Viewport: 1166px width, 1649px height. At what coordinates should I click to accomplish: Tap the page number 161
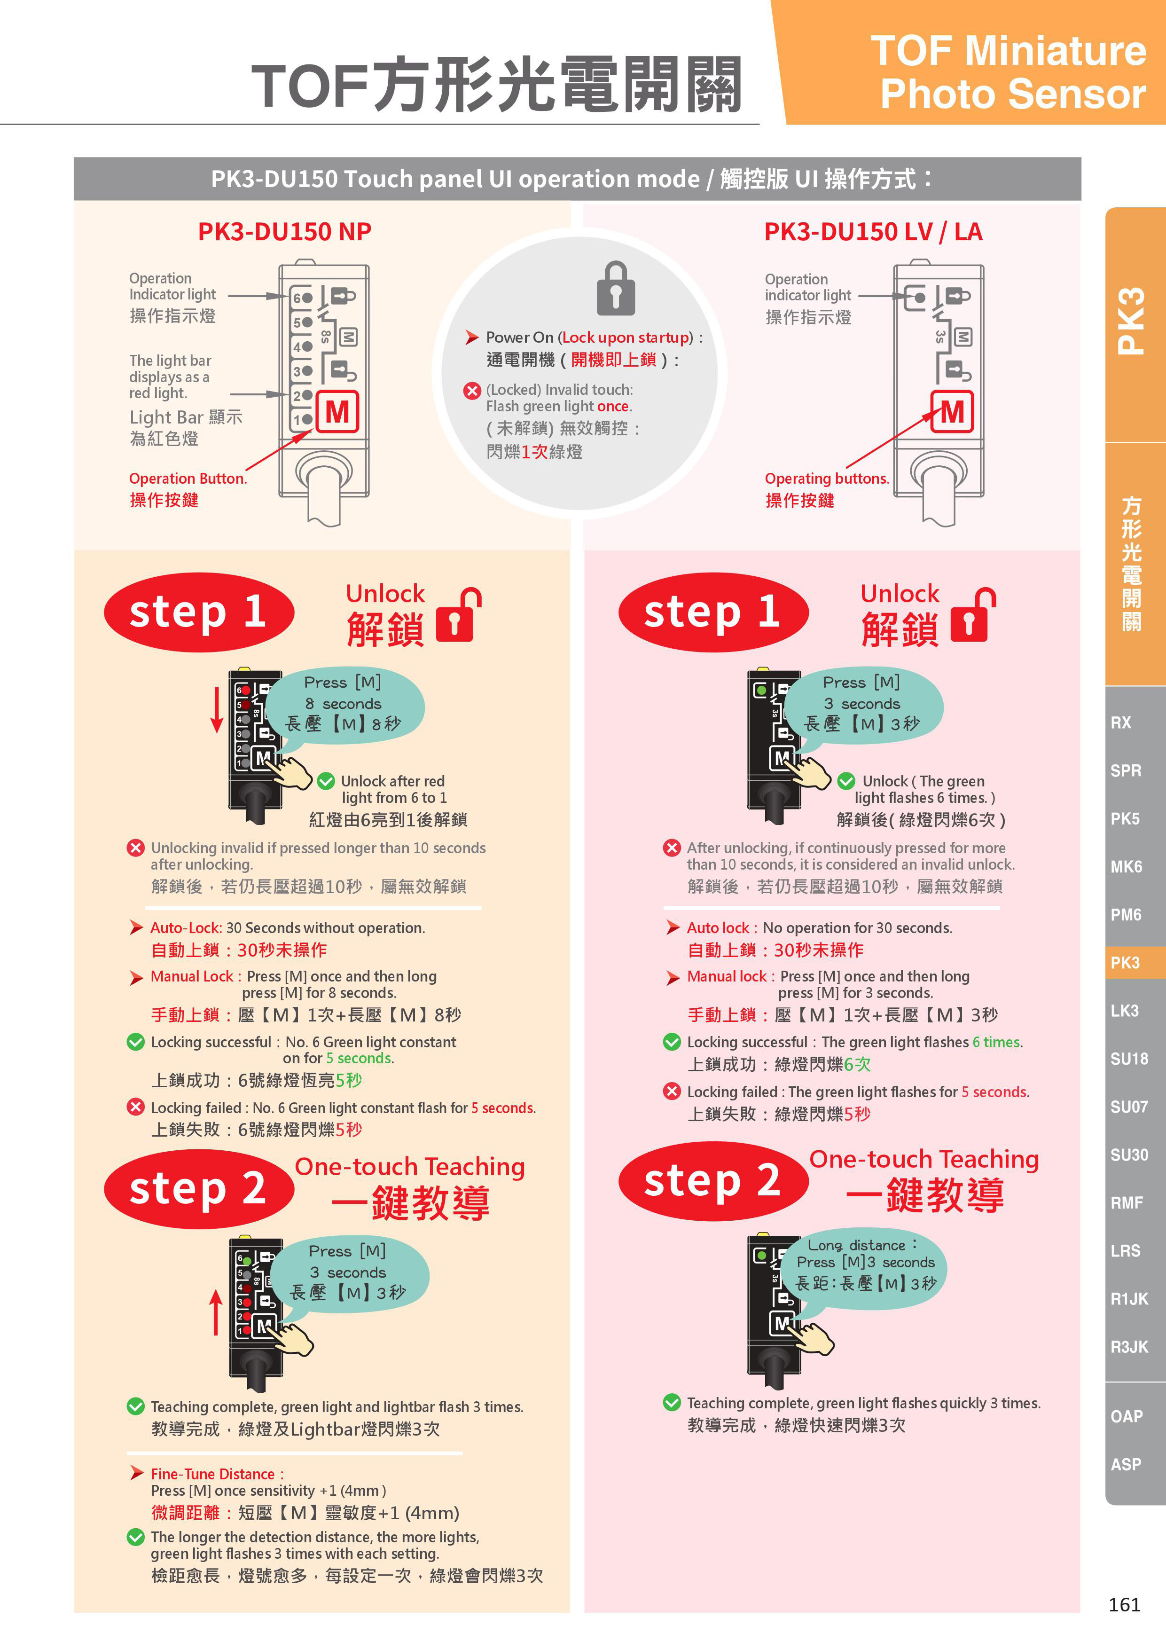point(1124,1604)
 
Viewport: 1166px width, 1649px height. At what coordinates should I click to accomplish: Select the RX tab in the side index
point(1121,722)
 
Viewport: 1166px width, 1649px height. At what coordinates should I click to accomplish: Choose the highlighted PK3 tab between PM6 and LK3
point(1125,962)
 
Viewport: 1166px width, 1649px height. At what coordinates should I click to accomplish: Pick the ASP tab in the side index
point(1126,1464)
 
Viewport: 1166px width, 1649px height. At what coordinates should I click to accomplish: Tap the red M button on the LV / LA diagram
point(952,412)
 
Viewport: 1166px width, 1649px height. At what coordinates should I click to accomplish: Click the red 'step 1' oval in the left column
point(199,612)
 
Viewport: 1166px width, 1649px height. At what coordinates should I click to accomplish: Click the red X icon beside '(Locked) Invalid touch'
point(472,391)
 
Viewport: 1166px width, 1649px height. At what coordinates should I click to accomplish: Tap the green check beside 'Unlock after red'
point(326,781)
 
